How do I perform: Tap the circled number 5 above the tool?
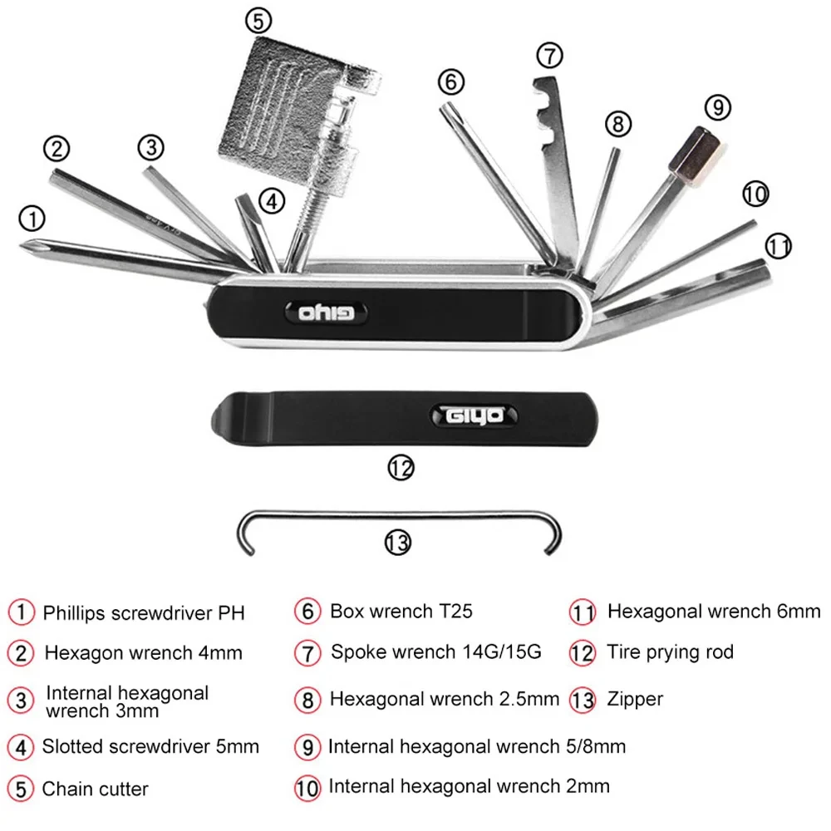tap(258, 19)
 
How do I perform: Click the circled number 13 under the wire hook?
tap(398, 543)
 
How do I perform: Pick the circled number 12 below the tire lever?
tap(401, 468)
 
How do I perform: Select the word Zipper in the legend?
tap(636, 699)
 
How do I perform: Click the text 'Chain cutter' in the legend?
tap(95, 789)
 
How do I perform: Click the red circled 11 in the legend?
tap(583, 612)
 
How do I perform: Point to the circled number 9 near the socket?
tap(717, 108)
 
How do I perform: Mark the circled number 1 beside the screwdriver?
tap(32, 219)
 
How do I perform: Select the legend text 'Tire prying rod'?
tap(670, 652)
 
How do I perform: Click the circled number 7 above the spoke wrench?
tap(549, 55)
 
